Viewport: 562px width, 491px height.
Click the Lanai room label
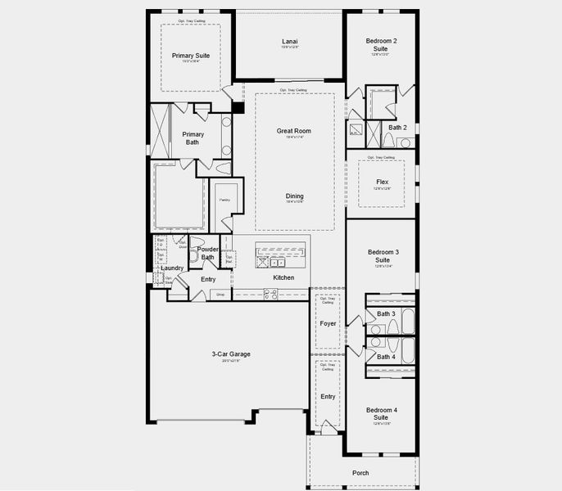click(x=289, y=40)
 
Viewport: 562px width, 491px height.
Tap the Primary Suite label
click(x=191, y=56)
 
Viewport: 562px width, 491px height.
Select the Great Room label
click(x=294, y=131)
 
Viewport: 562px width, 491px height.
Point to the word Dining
click(x=294, y=196)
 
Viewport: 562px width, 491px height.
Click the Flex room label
click(x=382, y=182)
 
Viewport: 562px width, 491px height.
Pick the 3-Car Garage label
click(x=230, y=354)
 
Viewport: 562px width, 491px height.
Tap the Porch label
click(x=360, y=472)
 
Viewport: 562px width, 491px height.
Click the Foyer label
click(x=328, y=323)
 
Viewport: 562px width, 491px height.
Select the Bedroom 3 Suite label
click(x=383, y=255)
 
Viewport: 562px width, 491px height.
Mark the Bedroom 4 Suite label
click(x=382, y=413)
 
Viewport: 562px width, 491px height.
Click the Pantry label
click(x=224, y=200)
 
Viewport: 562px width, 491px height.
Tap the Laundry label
click(x=172, y=268)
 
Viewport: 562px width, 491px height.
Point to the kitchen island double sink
click(x=271, y=263)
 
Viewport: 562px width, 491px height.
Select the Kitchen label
click(x=283, y=277)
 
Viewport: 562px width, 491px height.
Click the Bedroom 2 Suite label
click(x=383, y=44)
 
